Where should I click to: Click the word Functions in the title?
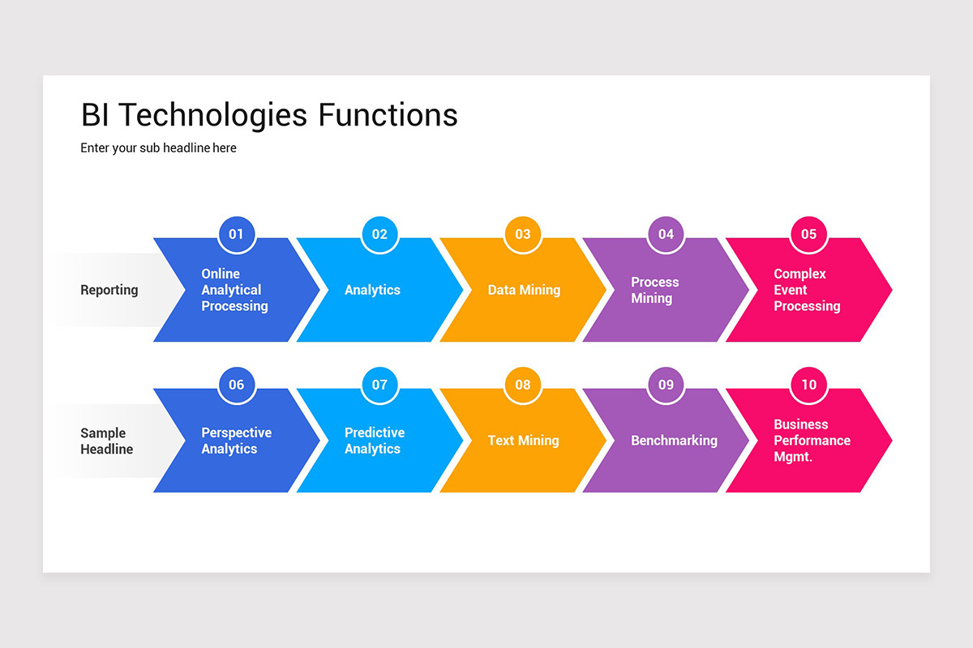click(x=388, y=115)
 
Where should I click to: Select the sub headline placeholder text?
click(x=158, y=148)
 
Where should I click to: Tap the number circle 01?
click(x=236, y=235)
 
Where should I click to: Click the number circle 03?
click(x=523, y=235)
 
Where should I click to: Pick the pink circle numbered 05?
click(x=808, y=235)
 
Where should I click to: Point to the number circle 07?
click(x=379, y=385)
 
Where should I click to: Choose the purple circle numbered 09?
click(x=666, y=385)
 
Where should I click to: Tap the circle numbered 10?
click(x=808, y=385)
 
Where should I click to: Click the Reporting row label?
click(x=109, y=290)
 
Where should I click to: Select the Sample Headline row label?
click(x=106, y=441)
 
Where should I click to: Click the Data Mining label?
click(x=524, y=290)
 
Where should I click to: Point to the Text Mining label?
click(x=523, y=441)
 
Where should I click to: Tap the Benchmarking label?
click(x=674, y=441)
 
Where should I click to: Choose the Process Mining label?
click(x=654, y=290)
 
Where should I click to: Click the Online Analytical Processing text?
click(x=234, y=290)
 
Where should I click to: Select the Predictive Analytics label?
click(x=374, y=441)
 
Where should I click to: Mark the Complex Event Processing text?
click(x=806, y=290)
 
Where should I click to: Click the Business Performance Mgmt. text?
click(x=811, y=441)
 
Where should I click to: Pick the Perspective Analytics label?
click(x=235, y=441)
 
